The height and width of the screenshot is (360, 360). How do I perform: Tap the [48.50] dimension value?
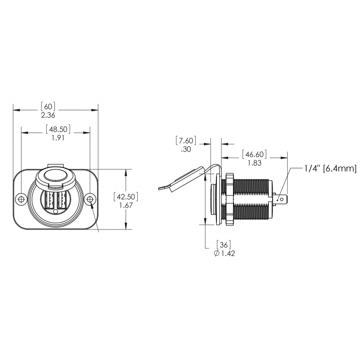(56, 129)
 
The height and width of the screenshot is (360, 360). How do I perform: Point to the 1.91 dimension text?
(56, 138)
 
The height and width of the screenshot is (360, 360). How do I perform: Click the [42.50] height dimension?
(126, 197)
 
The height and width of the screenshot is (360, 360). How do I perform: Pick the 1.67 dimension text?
(126, 205)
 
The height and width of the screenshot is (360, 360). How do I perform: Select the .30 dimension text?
(186, 150)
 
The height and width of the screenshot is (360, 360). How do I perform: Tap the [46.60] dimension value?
(255, 154)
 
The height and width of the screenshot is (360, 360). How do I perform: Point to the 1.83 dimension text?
(255, 163)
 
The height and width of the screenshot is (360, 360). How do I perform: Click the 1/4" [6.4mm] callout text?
(330, 169)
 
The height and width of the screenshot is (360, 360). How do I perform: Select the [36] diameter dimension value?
(224, 244)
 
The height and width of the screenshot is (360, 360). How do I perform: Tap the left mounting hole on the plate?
(21, 199)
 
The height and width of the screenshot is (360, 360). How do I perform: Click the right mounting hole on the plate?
(90, 199)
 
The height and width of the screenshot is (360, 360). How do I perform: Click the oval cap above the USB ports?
(55, 177)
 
